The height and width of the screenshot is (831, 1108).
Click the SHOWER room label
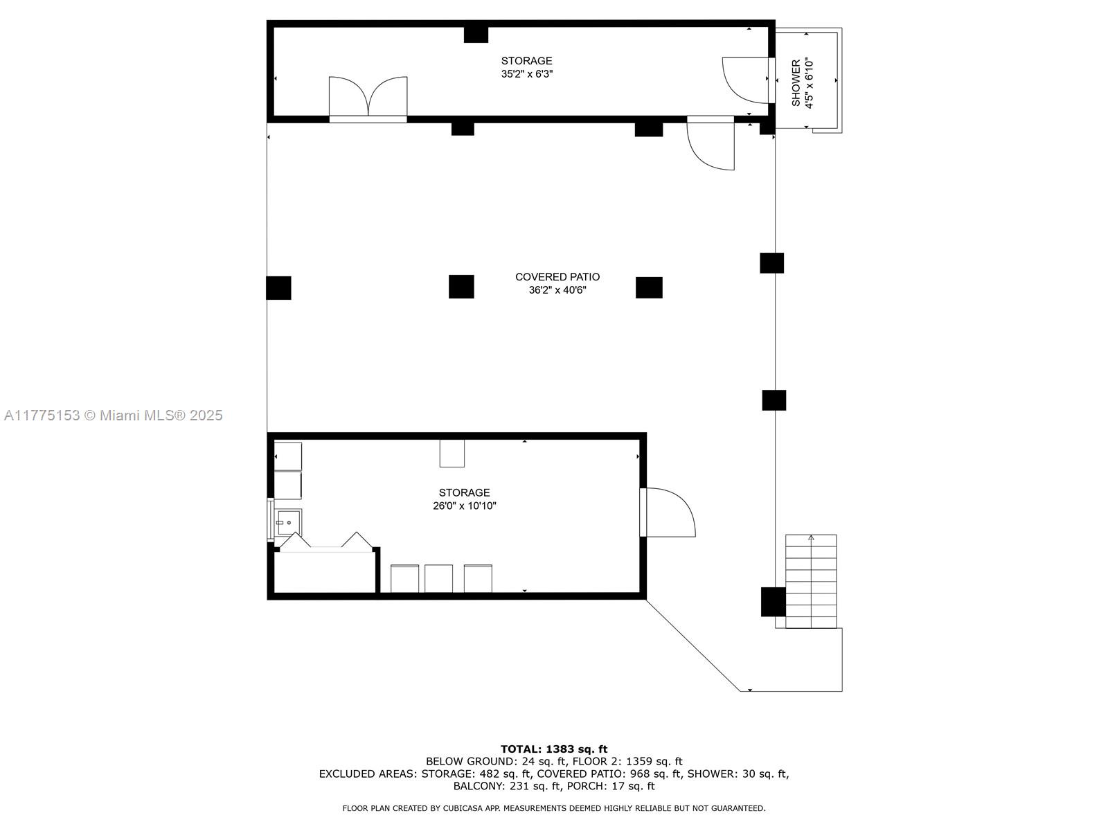[796, 82]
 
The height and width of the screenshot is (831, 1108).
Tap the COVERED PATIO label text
[557, 277]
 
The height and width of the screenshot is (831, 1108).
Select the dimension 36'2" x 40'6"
[557, 290]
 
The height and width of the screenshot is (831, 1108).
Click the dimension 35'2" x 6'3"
[527, 74]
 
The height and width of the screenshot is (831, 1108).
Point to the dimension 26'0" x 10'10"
[465, 506]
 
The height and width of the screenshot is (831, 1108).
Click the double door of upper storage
[368, 98]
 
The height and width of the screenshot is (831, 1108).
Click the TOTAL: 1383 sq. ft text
[554, 749]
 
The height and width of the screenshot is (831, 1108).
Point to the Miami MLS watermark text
[114, 415]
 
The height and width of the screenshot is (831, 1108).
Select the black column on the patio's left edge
[278, 288]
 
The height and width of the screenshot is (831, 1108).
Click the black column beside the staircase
[773, 602]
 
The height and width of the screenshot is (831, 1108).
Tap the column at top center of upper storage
[476, 34]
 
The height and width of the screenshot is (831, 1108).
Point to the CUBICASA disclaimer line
[554, 808]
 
